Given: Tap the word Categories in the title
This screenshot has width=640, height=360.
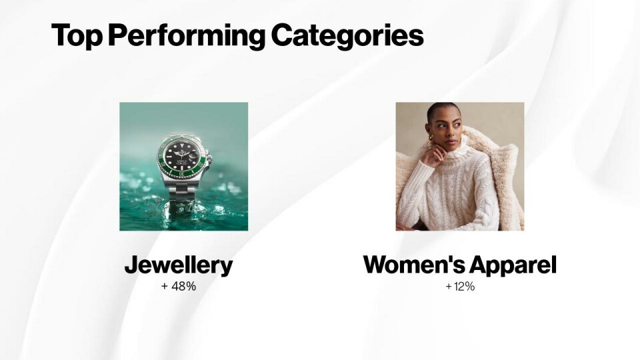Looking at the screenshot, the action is pos(347,35).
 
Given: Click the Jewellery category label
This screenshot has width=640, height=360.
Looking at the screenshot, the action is pos(179,265).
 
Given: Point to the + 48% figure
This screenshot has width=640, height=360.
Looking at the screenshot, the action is pos(179,287).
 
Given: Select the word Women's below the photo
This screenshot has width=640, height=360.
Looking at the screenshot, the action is pos(413,265).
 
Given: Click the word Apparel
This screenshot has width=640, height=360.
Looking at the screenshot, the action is pos(513,265).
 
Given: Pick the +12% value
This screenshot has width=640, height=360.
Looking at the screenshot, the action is pos(460,287).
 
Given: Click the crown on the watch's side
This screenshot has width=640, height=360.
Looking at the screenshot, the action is pos(209,159).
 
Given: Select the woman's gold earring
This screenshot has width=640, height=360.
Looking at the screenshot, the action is pos(430,141).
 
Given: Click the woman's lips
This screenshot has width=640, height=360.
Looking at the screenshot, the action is pos(451,143).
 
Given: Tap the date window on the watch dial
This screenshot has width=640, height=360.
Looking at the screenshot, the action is pos(193,155).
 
